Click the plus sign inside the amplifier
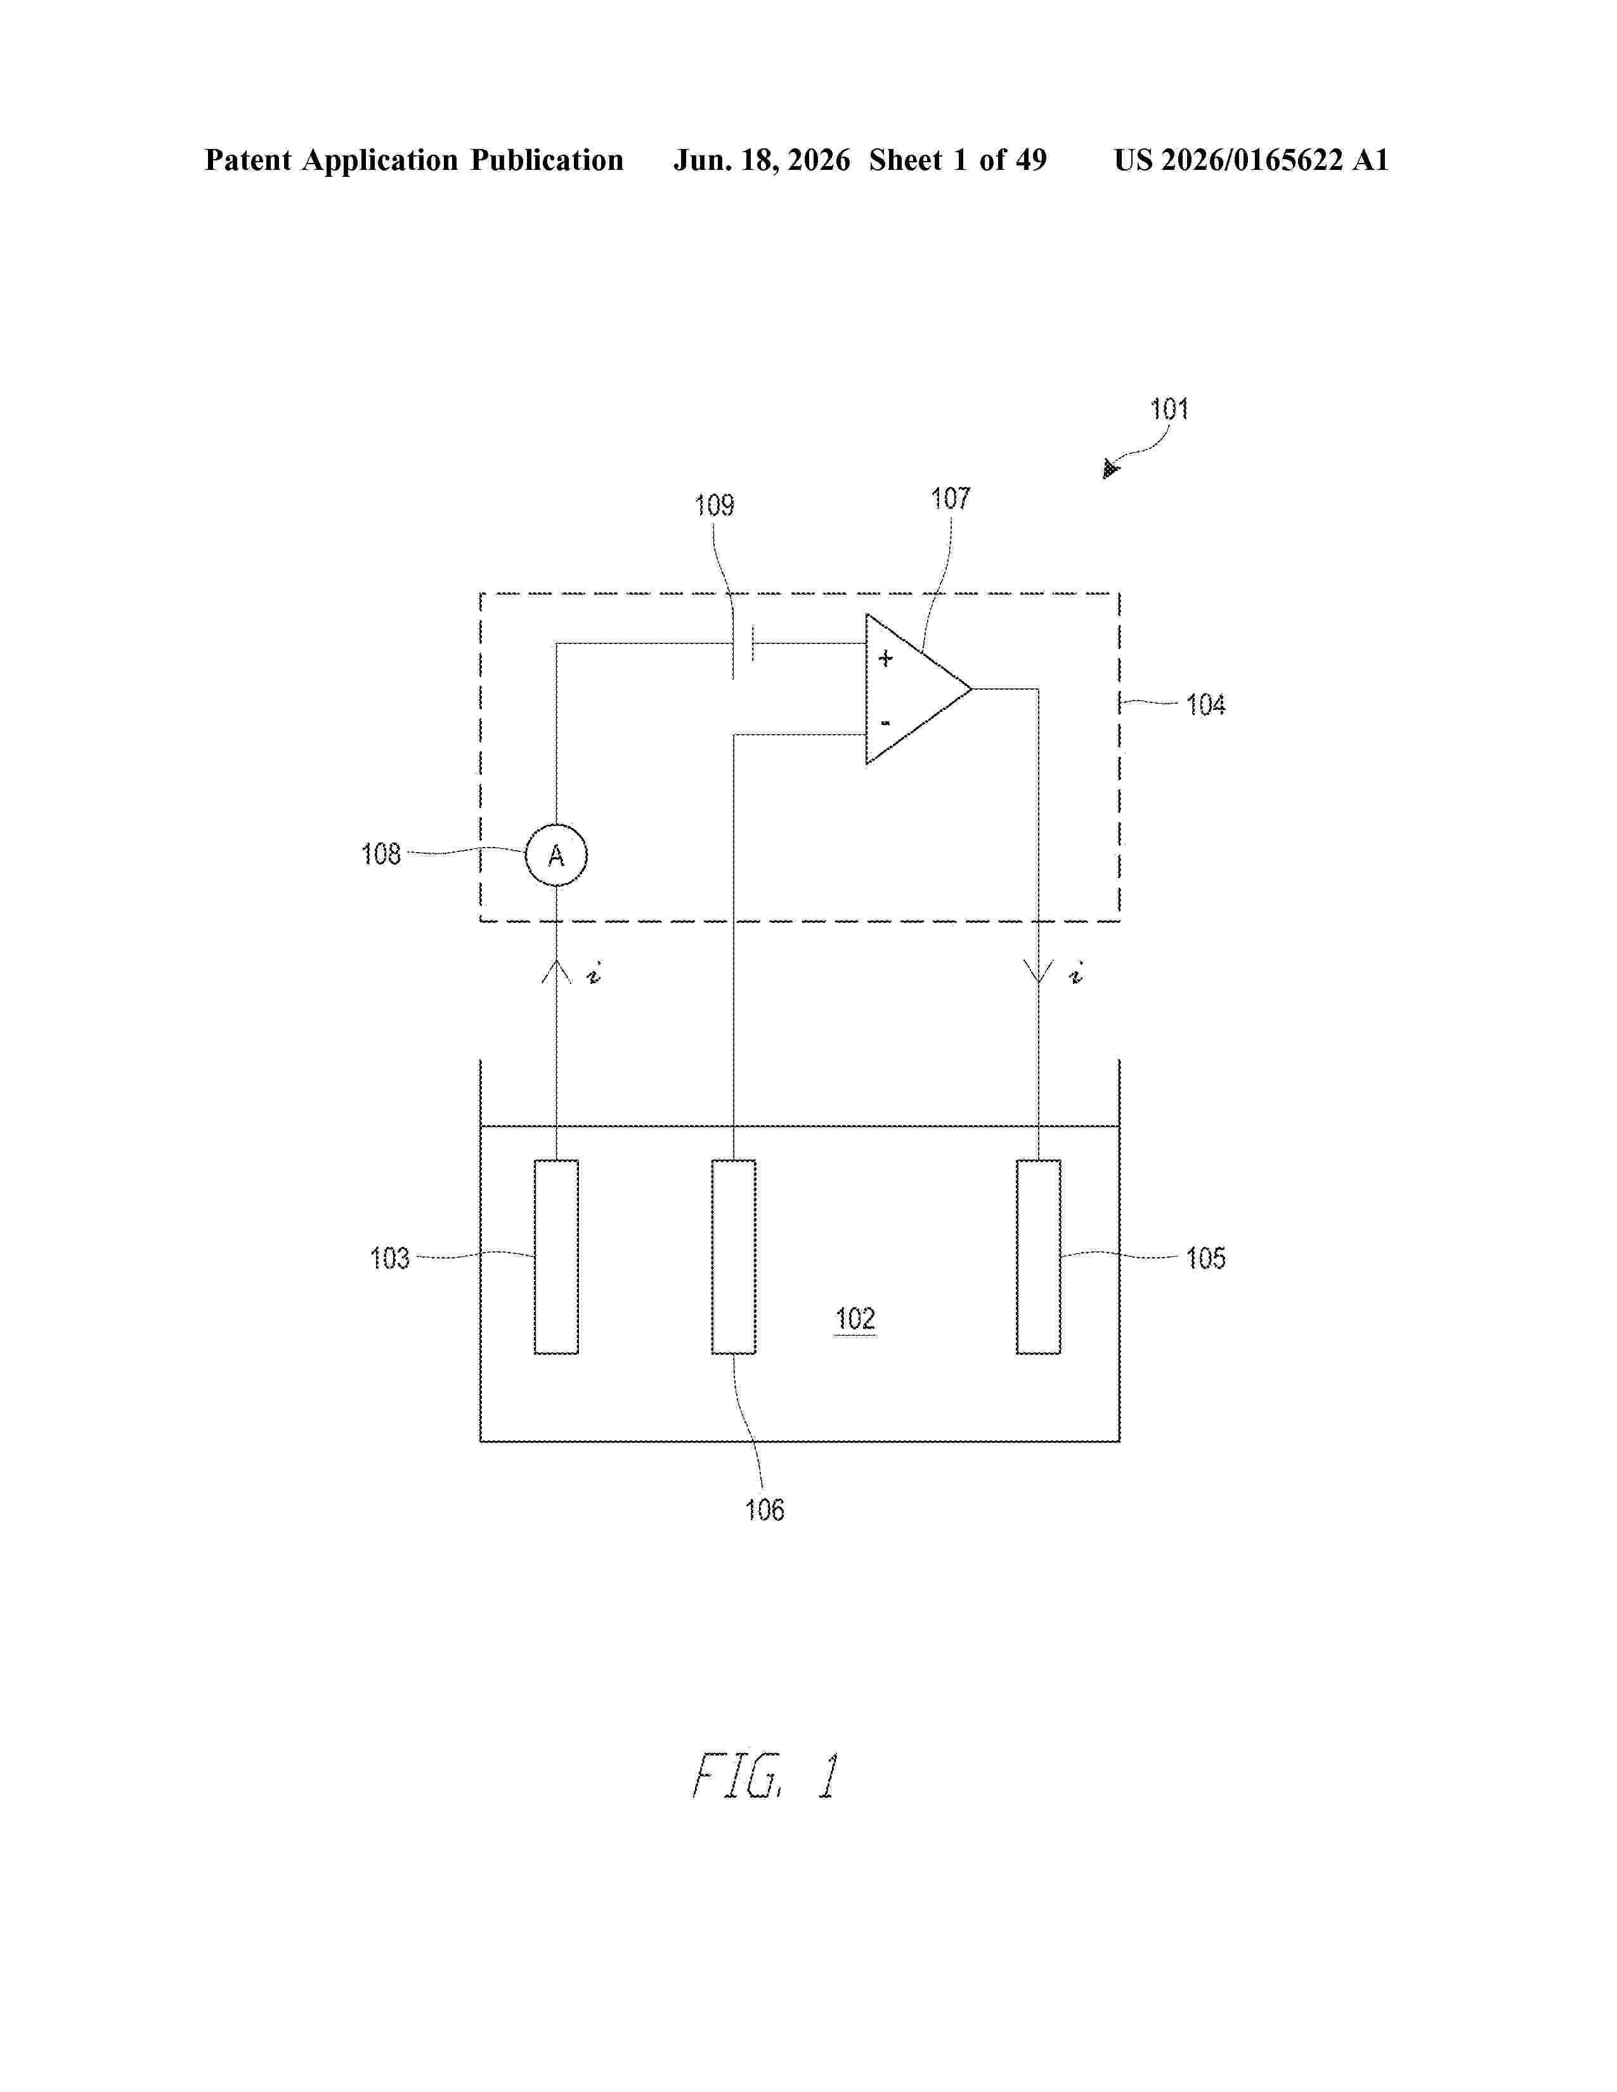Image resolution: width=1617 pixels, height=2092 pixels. click(885, 658)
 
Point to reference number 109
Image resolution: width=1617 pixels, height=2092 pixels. click(713, 505)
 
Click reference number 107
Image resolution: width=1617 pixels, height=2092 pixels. click(951, 498)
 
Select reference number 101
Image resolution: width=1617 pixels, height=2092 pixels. click(1169, 410)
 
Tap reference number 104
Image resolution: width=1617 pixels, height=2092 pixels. click(1205, 705)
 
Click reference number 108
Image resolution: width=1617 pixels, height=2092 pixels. click(380, 853)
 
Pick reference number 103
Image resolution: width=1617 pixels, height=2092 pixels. click(389, 1258)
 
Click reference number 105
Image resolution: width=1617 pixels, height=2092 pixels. click(1205, 1258)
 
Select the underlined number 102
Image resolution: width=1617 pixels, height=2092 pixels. click(855, 1319)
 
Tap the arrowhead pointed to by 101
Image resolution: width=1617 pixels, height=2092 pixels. click(1110, 468)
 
